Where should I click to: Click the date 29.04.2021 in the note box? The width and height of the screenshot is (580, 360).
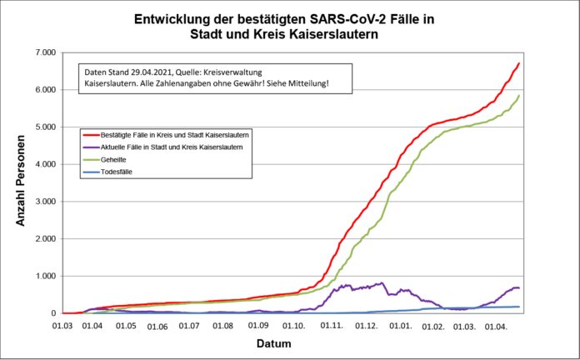tap(149, 72)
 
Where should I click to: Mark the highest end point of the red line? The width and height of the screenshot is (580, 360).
tap(519, 63)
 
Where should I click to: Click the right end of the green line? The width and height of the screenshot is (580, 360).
tap(519, 96)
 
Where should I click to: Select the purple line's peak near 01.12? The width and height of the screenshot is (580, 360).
tap(382, 282)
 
